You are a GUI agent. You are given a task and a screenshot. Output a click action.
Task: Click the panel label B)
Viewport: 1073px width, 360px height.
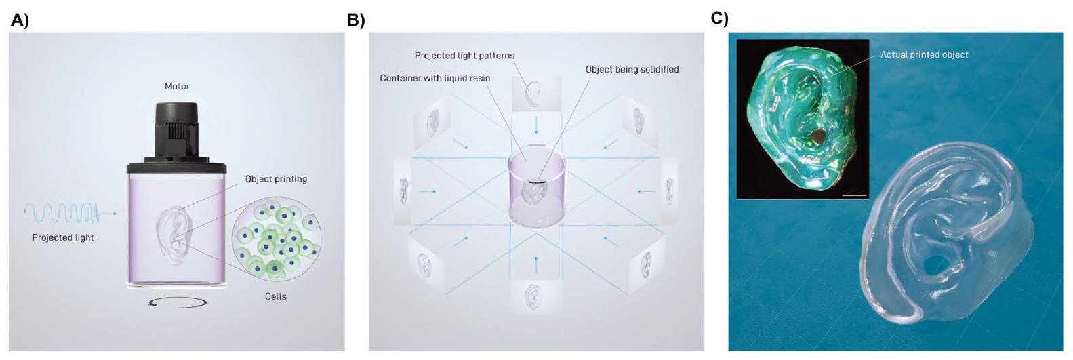356,20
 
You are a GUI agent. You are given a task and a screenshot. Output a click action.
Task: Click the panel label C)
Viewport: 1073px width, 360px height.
719,18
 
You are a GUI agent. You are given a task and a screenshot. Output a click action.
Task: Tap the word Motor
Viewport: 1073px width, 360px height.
177,87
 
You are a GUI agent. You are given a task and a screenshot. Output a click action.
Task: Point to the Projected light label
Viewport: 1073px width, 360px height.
63,237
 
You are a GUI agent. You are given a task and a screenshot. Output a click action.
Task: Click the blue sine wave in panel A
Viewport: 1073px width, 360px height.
62,214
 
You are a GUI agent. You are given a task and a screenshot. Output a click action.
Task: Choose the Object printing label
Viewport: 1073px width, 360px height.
276,179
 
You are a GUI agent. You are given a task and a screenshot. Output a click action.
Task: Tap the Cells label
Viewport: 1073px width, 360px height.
276,296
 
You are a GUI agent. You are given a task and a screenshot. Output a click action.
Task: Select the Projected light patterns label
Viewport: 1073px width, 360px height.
464,56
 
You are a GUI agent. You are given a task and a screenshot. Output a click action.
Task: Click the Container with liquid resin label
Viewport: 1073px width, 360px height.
434,78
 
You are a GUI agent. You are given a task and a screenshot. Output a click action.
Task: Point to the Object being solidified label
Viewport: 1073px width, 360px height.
632,69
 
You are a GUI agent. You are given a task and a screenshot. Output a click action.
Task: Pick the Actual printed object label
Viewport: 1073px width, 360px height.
924,54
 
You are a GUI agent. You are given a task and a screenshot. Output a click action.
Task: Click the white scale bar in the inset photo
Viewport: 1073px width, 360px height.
856,195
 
